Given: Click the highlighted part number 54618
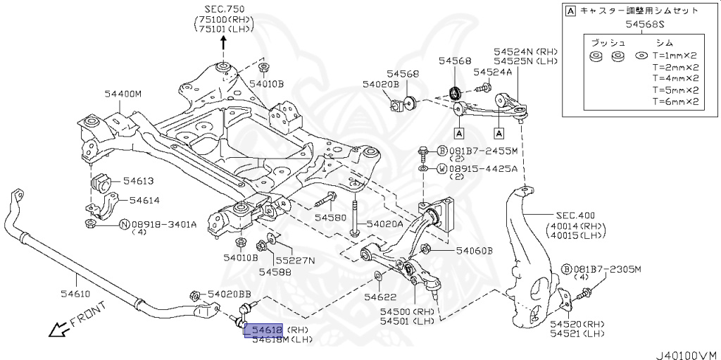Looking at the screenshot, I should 263,330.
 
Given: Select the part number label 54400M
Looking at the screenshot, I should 123,93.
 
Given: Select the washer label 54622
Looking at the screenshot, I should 379,297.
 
